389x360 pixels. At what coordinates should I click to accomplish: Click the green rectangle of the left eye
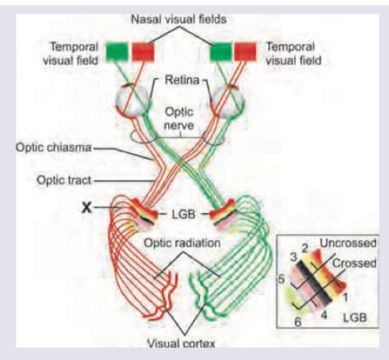tap(118, 52)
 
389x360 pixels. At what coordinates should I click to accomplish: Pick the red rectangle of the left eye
tap(143, 52)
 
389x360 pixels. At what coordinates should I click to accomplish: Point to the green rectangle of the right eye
tap(221, 52)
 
